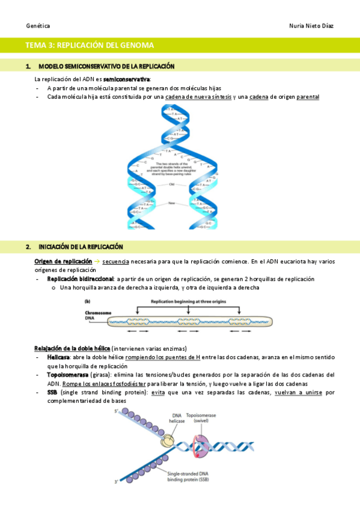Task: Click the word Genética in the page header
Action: (x=38, y=26)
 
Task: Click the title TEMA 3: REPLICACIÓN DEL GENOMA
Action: (x=90, y=45)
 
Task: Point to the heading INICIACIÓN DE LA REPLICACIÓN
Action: (x=81, y=247)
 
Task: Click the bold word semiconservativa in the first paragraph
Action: (x=127, y=79)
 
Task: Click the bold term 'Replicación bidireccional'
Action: (x=80, y=279)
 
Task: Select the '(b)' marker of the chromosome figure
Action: (x=87, y=301)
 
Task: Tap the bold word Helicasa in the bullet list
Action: (x=59, y=357)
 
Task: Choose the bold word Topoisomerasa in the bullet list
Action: (x=68, y=375)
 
